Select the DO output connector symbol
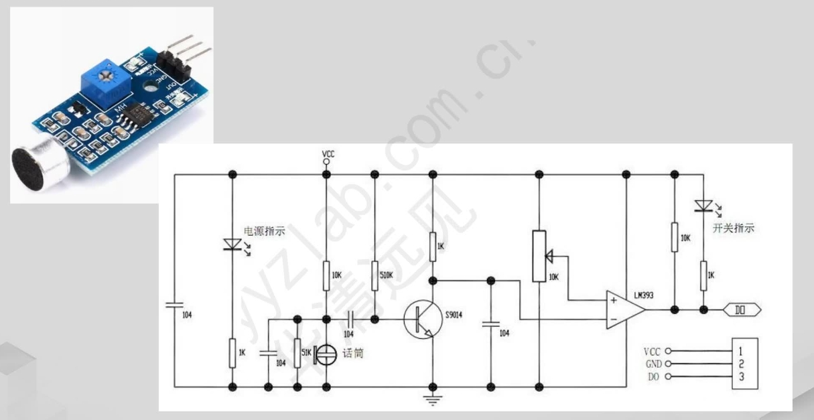click(742, 310)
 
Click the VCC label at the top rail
click(328, 155)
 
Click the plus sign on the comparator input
click(612, 301)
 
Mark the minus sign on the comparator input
click(612, 320)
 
